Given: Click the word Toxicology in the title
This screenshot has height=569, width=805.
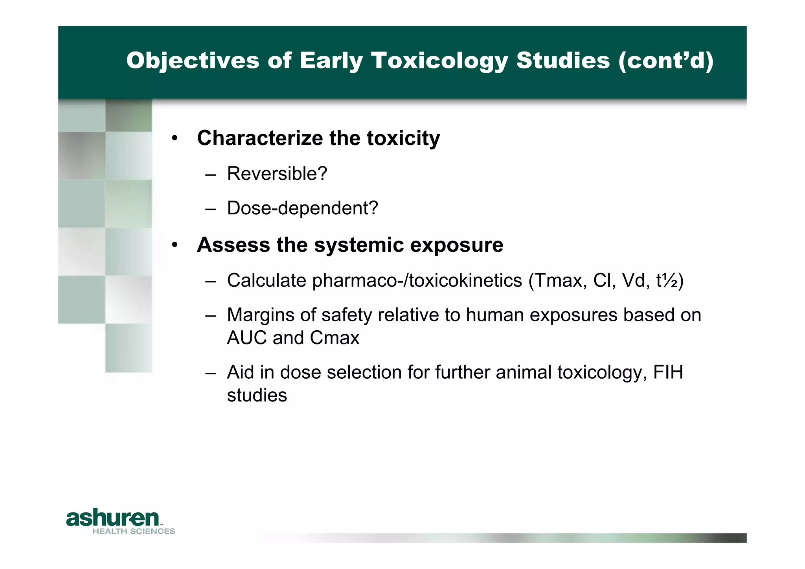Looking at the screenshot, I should click(439, 61).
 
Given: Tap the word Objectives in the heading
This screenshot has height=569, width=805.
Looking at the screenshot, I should click(193, 61).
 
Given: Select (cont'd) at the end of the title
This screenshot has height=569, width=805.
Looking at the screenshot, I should click(665, 61).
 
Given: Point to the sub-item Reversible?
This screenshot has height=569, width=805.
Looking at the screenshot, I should click(277, 174).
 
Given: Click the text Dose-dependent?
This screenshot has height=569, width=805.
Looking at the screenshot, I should click(302, 208).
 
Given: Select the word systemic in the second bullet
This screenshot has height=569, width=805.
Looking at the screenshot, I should click(359, 245).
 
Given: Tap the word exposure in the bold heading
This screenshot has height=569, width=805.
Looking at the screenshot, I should click(456, 245).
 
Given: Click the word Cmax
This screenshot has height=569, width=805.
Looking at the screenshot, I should click(334, 338).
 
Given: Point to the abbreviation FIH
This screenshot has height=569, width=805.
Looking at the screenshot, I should click(668, 372).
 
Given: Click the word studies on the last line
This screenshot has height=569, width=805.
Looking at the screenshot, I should click(257, 395).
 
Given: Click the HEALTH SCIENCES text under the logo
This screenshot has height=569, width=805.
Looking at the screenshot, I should click(134, 531).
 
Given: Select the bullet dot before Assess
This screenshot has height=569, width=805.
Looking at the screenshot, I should click(175, 245).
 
